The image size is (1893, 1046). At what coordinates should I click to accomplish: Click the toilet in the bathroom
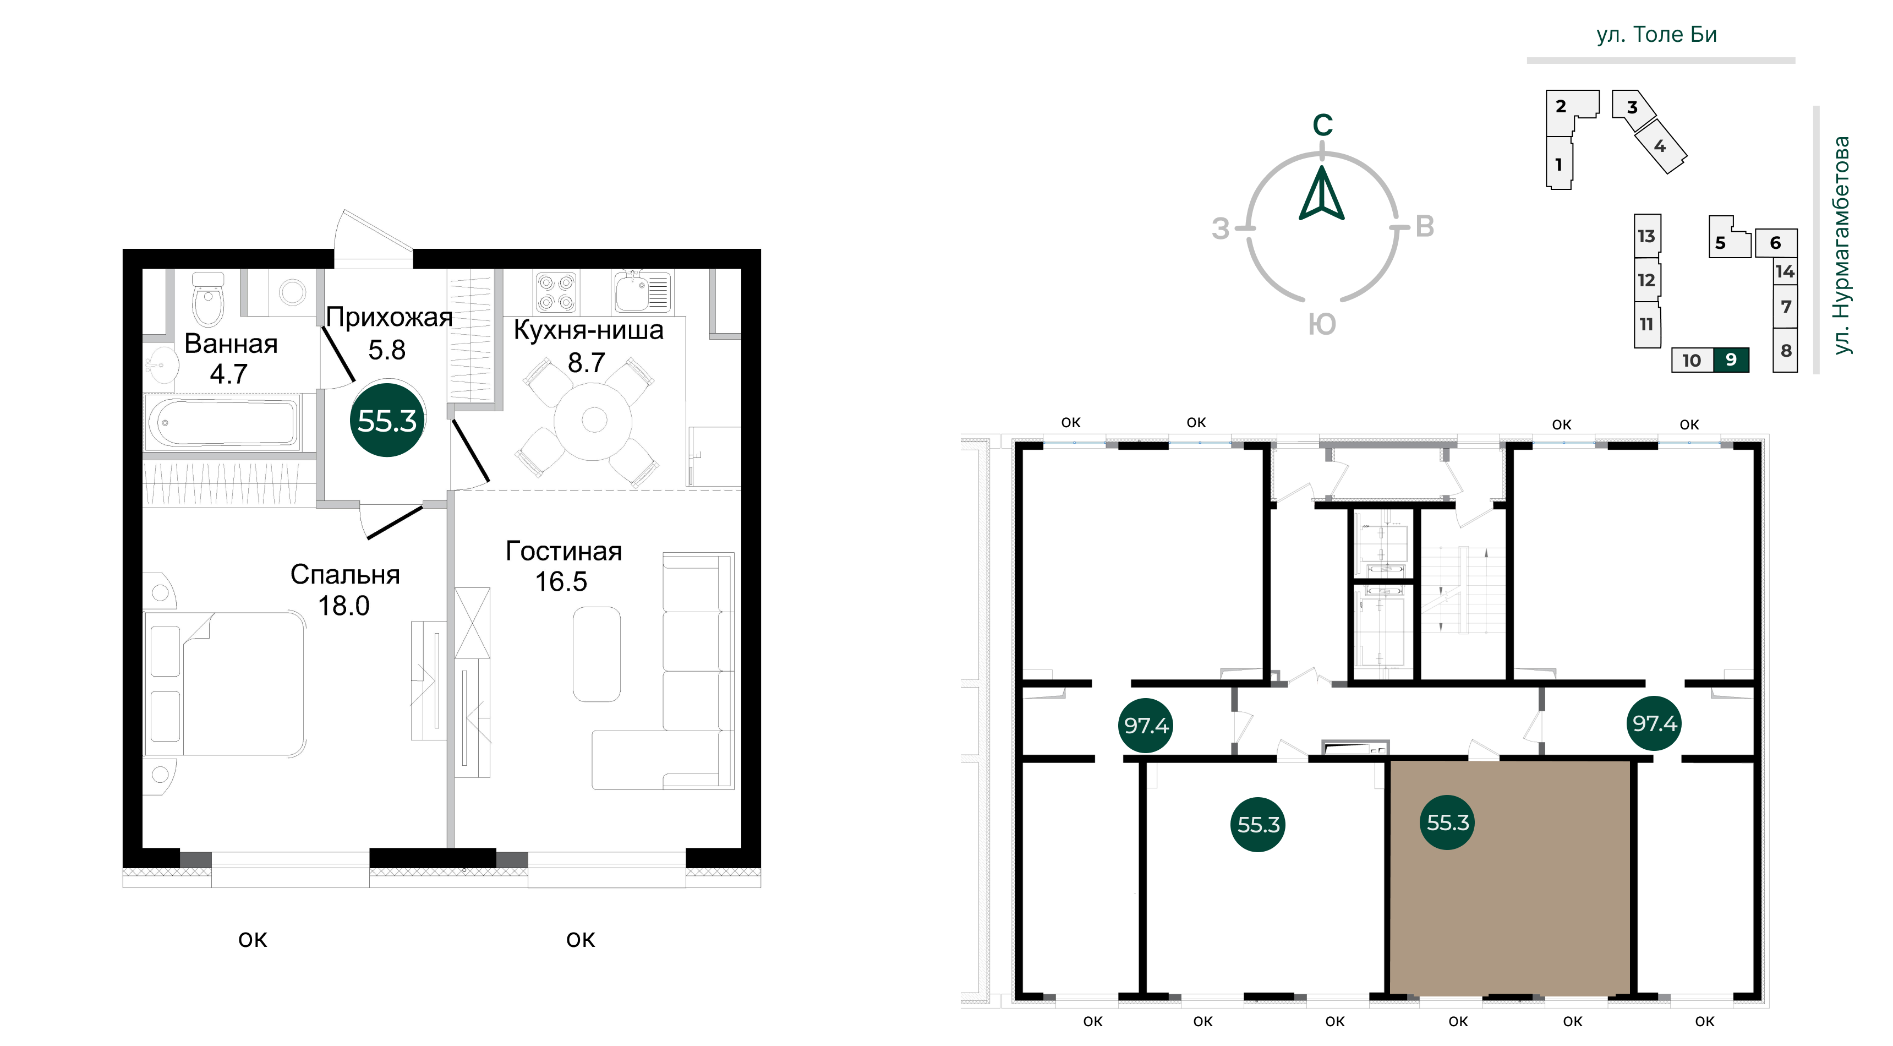pyautogui.click(x=208, y=298)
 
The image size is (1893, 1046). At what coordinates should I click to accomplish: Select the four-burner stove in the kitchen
pyautogui.click(x=556, y=292)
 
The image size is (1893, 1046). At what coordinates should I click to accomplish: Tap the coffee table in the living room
pyautogui.click(x=597, y=653)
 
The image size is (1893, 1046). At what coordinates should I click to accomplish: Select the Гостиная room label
pyautogui.click(x=563, y=551)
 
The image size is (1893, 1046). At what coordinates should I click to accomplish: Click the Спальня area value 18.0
pyautogui.click(x=343, y=606)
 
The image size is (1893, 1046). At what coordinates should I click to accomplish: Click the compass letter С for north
pyautogui.click(x=1323, y=125)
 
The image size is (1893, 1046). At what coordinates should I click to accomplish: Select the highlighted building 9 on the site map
pyautogui.click(x=1731, y=359)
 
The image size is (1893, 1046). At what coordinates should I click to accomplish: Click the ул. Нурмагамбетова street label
pyautogui.click(x=1842, y=245)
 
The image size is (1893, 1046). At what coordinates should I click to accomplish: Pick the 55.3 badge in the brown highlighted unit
pyautogui.click(x=1448, y=822)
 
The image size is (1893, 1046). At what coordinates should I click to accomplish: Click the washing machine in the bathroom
pyautogui.click(x=292, y=292)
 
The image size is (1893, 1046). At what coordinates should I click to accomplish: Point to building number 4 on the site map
pyautogui.click(x=1659, y=146)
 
